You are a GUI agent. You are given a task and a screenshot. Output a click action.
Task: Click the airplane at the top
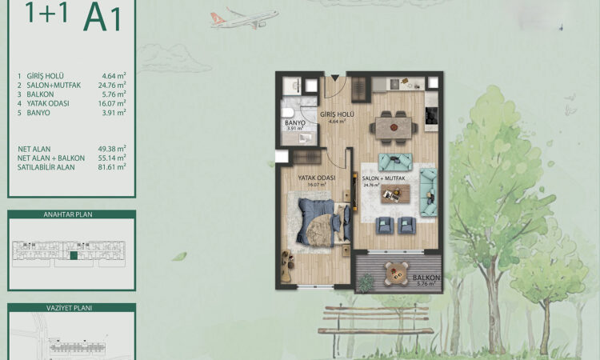(x=244, y=18)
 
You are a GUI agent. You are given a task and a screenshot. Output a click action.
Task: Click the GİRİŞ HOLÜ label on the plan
(x=337, y=115)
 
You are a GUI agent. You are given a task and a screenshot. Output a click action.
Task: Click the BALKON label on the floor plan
(x=423, y=278)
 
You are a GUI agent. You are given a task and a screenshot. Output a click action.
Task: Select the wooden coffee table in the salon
(x=394, y=193)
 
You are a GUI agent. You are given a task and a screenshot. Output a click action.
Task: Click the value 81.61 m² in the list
(x=115, y=167)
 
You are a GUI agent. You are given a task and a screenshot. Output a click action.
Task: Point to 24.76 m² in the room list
(x=115, y=84)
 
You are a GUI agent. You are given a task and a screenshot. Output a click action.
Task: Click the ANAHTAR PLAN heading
(x=72, y=215)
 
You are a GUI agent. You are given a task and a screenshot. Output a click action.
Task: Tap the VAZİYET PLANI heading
(x=72, y=307)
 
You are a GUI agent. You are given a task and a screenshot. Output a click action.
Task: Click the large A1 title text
(x=102, y=18)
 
